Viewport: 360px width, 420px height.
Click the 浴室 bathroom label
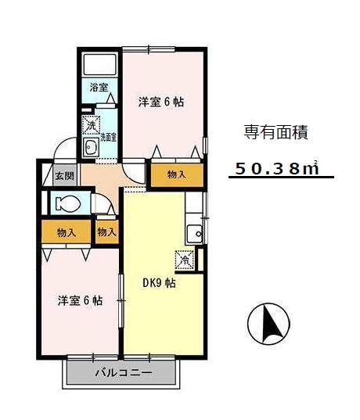tap(98, 86)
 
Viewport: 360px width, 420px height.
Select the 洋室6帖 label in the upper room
tap(161, 102)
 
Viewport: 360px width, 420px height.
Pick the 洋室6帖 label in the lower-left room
tap(79, 300)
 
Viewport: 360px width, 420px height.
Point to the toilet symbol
tap(67, 204)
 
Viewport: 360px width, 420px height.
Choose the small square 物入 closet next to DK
tap(106, 232)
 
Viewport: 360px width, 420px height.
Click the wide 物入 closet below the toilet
tap(66, 232)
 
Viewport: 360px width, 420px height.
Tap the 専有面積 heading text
tap(275, 132)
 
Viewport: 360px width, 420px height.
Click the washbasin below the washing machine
tap(90, 149)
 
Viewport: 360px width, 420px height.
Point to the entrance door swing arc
tap(66, 149)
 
